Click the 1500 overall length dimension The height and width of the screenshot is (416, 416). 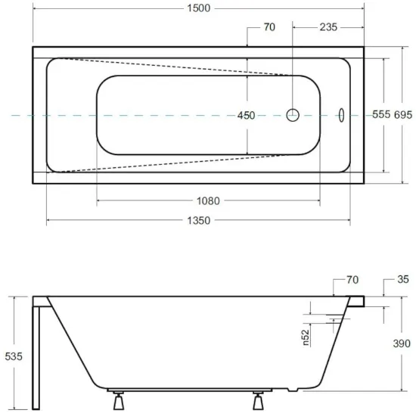pyautogui.click(x=199, y=8)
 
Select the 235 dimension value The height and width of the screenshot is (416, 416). pyautogui.click(x=328, y=27)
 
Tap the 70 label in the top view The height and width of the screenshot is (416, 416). pyautogui.click(x=269, y=27)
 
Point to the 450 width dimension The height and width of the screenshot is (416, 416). pyautogui.click(x=247, y=116)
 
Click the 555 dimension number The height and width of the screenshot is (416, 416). pyautogui.click(x=381, y=114)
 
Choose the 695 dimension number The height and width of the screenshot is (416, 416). pyautogui.click(x=403, y=115)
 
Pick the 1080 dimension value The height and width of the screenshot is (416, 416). pyautogui.click(x=208, y=201)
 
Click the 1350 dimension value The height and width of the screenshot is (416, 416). pyautogui.click(x=199, y=220)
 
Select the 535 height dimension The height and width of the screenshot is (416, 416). pyautogui.click(x=14, y=356)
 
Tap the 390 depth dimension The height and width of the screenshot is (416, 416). pyautogui.click(x=402, y=343)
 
